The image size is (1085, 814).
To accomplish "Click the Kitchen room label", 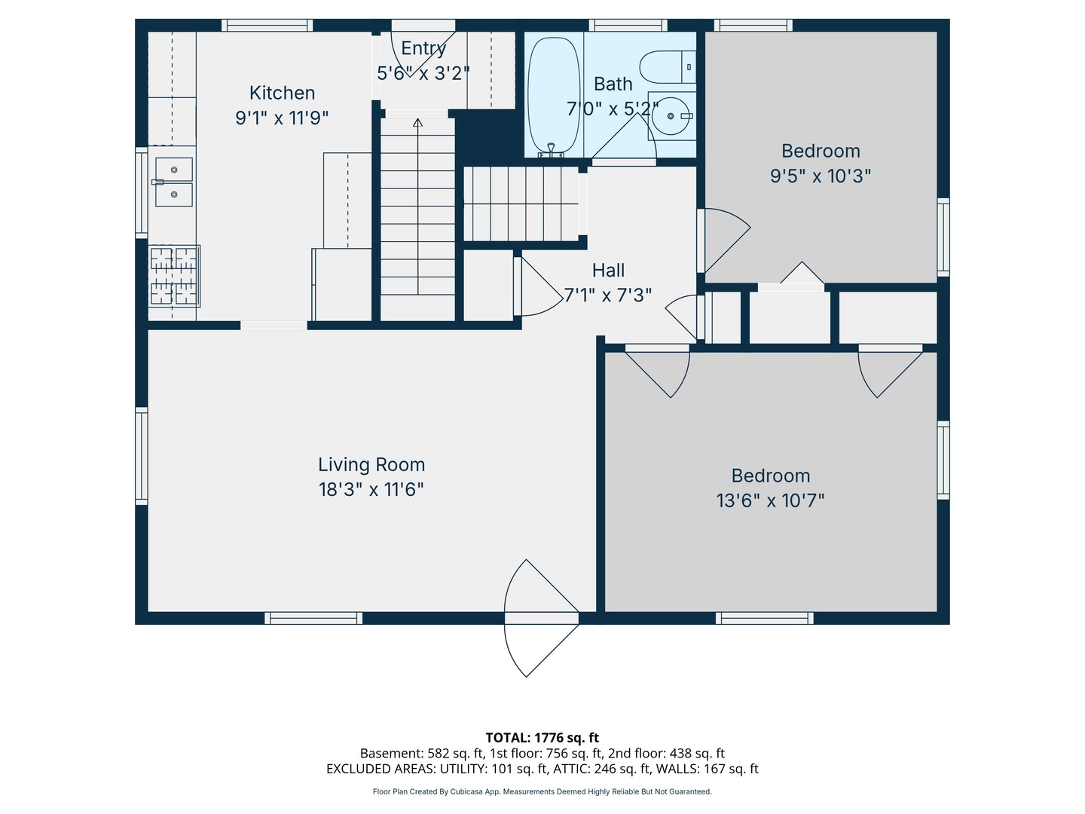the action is pos(282,93).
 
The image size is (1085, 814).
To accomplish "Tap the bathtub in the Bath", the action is pos(554,96).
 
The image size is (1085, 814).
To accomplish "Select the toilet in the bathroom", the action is pos(668,67).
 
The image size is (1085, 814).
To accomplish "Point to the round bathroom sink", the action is pos(671,116).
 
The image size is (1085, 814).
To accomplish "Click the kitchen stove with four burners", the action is pos(174,276).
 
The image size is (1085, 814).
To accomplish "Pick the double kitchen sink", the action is pos(173,182).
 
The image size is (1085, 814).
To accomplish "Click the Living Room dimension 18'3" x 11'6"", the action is pos(371,489).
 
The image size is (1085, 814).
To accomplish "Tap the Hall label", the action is pos(608,271).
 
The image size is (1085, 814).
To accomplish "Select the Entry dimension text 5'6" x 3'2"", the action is pos(423,73).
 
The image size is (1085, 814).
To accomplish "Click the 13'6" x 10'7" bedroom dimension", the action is pos(771,500).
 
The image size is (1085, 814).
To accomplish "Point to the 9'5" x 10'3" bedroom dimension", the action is pos(821,176).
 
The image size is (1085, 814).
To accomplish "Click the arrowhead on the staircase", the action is pos(417,122).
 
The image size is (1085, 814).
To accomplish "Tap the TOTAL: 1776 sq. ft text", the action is pos(542,738).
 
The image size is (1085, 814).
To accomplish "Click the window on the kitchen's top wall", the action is pos(267,25).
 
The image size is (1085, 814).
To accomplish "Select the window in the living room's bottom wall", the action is pos(313,618).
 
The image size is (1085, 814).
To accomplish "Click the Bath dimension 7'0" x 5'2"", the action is pos(613,109).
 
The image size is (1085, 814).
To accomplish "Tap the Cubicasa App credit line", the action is pos(542,791).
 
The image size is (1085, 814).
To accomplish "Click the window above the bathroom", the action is pos(628,25).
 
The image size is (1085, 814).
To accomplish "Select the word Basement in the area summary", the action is pos(391,753).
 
